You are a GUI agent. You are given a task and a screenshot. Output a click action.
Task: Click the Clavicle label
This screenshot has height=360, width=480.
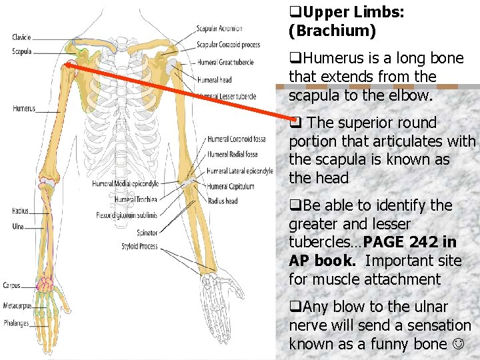tap(21, 37)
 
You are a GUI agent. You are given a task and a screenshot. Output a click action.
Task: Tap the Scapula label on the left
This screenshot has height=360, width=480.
tap(21, 51)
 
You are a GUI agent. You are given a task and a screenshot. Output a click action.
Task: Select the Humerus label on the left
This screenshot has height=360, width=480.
tap(23, 108)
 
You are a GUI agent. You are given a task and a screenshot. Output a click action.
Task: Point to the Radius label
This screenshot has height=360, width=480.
tap(20, 211)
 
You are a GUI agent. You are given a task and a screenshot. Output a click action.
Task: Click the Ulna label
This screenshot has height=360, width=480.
tap(19, 226)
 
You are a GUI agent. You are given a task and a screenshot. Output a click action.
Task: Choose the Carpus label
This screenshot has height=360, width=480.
tap(11, 285)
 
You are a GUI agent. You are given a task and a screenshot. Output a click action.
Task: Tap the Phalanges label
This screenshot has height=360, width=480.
tap(16, 323)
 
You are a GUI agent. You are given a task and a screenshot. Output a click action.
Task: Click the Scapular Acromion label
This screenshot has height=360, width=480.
tap(219, 29)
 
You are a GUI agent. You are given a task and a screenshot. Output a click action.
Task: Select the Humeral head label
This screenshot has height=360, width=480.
tap(214, 80)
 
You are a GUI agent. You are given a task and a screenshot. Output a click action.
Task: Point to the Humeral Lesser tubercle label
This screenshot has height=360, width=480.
tap(227, 97)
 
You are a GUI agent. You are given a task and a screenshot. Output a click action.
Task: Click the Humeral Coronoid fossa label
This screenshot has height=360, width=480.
tap(236, 139)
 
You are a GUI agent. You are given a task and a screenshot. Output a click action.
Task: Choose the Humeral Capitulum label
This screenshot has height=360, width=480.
tap(231, 187)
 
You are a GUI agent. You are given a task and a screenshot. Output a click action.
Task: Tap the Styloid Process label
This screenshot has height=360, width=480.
tap(139, 246)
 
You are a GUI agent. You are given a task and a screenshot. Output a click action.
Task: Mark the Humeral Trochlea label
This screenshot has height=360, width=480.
tap(135, 199)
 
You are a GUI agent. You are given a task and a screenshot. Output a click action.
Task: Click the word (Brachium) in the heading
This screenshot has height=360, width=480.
tap(332, 31)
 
